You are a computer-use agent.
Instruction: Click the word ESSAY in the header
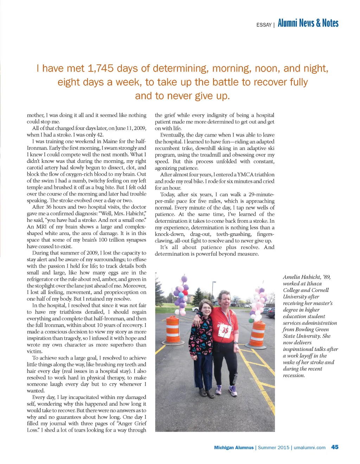pyautogui.click(x=264, y=25)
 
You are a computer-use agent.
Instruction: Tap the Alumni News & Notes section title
pyautogui.click(x=308, y=23)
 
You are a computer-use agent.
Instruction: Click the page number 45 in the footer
pyautogui.click(x=335, y=447)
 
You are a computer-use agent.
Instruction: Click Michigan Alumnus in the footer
pyautogui.click(x=234, y=447)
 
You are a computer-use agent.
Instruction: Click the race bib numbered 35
pyautogui.click(x=225, y=330)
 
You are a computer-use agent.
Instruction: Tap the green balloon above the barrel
pyautogui.click(x=251, y=320)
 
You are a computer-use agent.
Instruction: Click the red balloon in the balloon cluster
pyautogui.click(x=185, y=293)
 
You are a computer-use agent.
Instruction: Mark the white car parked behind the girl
pyautogui.click(x=195, y=309)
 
